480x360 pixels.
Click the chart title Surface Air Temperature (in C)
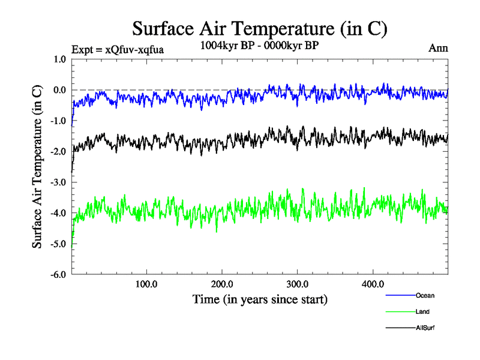click(259, 28)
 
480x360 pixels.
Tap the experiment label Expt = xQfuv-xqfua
click(117, 49)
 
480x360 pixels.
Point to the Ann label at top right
click(438, 47)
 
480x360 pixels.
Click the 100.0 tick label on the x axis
click(146, 284)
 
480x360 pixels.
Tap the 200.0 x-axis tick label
click(222, 284)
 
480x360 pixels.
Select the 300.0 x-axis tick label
click(298, 284)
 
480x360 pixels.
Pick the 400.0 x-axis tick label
click(373, 284)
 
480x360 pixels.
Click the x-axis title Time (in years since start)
click(260, 298)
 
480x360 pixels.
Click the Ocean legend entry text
click(425, 295)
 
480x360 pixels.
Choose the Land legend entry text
click(422, 311)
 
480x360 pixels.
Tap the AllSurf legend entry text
click(425, 328)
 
